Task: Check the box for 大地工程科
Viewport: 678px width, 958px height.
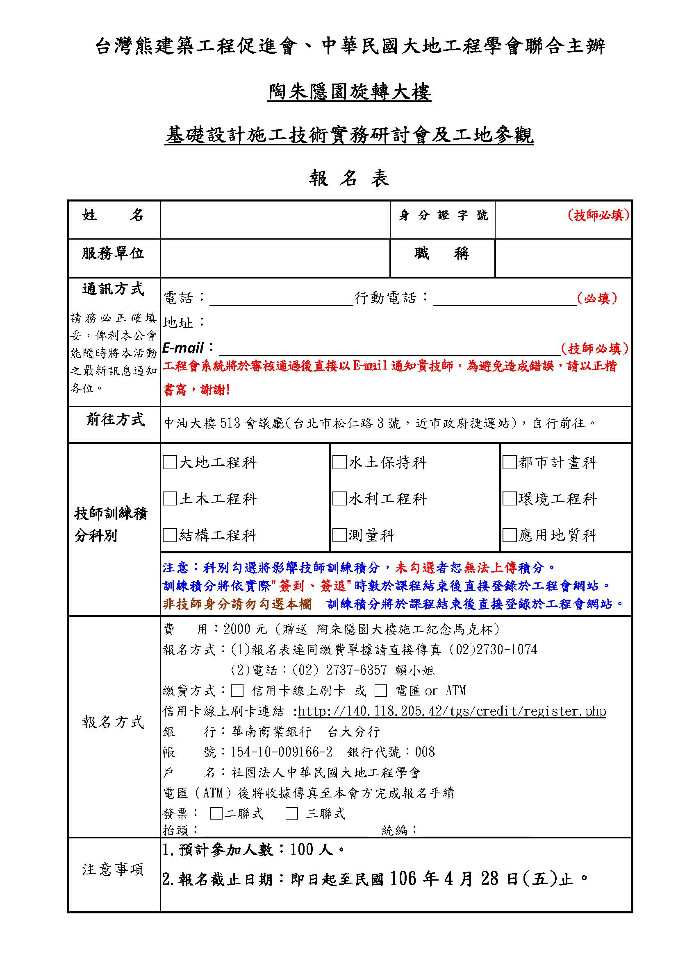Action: pos(170,462)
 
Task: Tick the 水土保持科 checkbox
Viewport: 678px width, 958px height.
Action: pos(339,462)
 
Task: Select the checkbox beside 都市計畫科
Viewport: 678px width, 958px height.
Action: pos(510,462)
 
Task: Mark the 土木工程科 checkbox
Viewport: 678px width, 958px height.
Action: pos(170,498)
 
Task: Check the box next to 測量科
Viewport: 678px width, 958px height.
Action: pos(339,535)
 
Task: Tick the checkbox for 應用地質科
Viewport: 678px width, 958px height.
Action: pos(510,535)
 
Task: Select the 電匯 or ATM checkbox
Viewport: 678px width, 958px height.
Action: pos(380,691)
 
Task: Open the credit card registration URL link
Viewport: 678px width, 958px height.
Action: pos(452,711)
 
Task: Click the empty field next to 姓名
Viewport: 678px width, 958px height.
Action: pos(275,220)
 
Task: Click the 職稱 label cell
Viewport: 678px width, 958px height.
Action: pos(442,254)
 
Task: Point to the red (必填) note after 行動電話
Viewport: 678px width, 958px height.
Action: pos(596,298)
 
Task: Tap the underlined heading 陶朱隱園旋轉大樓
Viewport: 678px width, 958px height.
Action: pos(349,92)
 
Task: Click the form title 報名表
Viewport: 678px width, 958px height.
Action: pos(349,179)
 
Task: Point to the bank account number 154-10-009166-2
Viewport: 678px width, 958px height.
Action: pos(282,752)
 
